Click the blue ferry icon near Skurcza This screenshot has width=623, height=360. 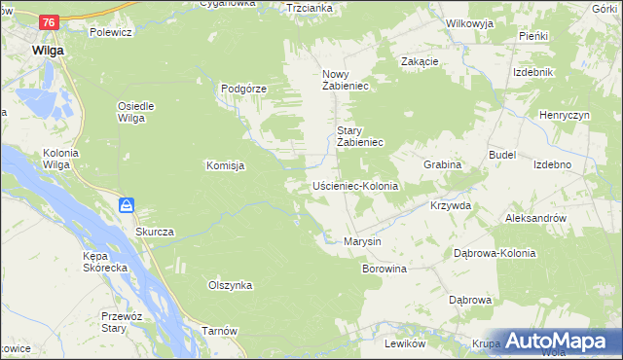point(127,205)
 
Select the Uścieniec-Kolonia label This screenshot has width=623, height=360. point(355,185)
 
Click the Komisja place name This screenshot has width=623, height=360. point(224,165)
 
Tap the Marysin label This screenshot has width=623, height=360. point(362,241)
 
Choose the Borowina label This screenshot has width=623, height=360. point(384,268)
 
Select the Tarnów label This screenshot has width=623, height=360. point(220,331)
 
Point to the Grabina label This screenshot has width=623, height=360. point(441,165)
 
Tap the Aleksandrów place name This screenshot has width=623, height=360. point(535,219)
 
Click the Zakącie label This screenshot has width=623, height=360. point(420,60)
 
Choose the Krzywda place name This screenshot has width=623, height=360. point(451,206)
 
